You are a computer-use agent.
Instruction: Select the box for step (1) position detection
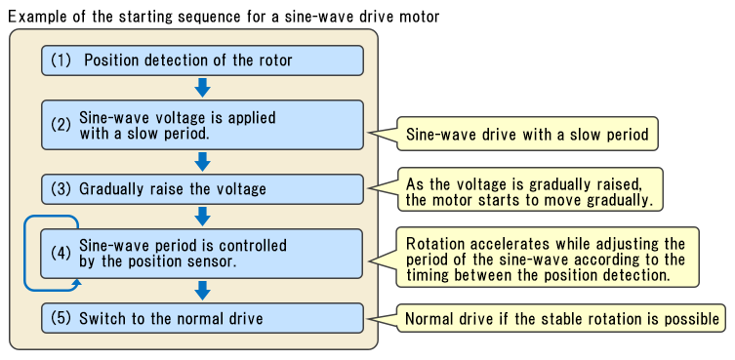click(202, 60)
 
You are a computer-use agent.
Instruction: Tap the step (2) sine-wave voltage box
click(202, 125)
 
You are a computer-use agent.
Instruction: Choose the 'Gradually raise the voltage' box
click(202, 188)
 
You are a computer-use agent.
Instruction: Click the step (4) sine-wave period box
click(202, 254)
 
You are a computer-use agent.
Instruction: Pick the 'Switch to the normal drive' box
click(202, 318)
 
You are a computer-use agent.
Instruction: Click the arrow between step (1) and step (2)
click(202, 88)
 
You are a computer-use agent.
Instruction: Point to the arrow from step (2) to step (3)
click(202, 161)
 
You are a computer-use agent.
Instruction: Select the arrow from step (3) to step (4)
click(202, 216)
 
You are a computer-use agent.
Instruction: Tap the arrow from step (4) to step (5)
click(202, 290)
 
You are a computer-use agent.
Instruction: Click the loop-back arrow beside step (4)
click(29, 254)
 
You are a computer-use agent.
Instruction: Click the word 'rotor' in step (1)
click(272, 60)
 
